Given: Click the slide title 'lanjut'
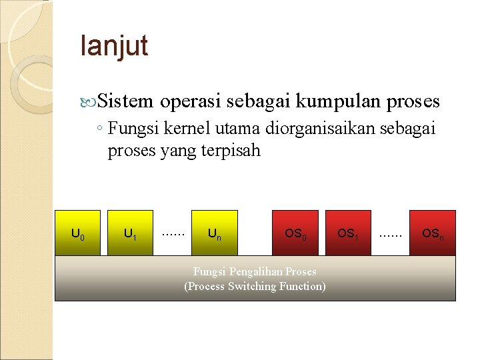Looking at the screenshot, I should coord(113,47).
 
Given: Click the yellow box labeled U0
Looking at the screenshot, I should coord(77,233).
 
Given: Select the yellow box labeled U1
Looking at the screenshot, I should coord(131,233).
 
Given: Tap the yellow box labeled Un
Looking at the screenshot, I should coord(214,233).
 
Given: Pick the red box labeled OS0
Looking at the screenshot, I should coord(295,233).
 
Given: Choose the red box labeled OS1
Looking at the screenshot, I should coord(347,233).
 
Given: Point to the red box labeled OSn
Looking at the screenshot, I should coord(433,233).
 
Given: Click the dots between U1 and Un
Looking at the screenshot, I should coord(173,232).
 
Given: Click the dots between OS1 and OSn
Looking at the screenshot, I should coord(391,232).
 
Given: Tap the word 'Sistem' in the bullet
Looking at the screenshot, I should coord(126,101).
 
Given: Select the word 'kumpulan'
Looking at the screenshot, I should coord(337,101).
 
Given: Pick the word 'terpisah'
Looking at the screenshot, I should coord(233,151).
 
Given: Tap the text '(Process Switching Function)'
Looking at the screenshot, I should coord(255,286).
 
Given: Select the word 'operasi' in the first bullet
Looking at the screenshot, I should coord(191,101).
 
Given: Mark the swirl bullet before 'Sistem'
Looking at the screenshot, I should coord(91,102).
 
